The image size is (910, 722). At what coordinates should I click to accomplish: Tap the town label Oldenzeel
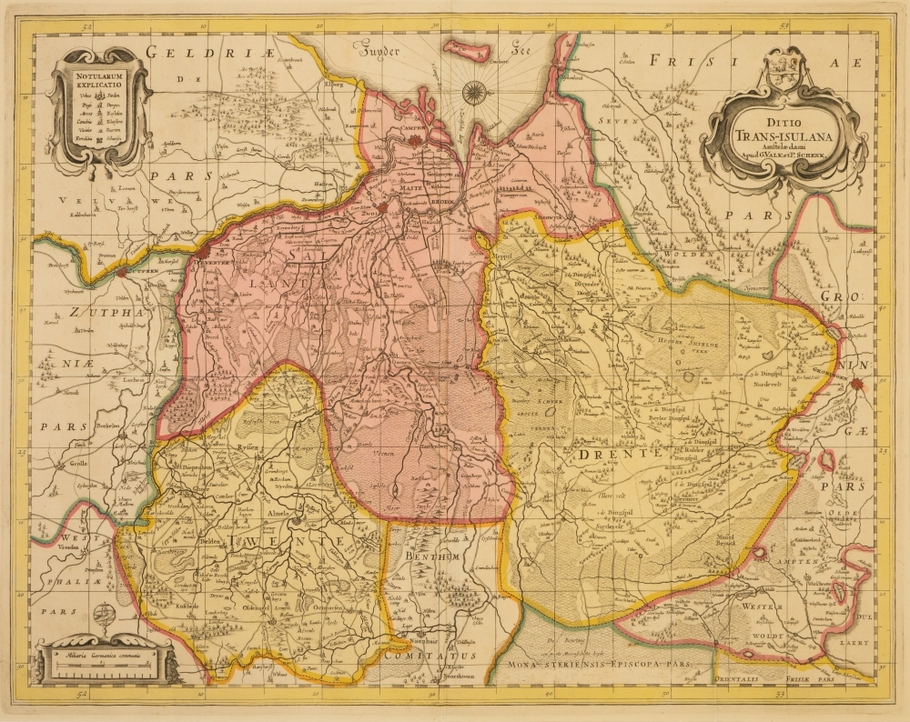pyautogui.click(x=254, y=607)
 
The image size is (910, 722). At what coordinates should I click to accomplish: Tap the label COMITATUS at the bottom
pyautogui.click(x=430, y=655)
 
